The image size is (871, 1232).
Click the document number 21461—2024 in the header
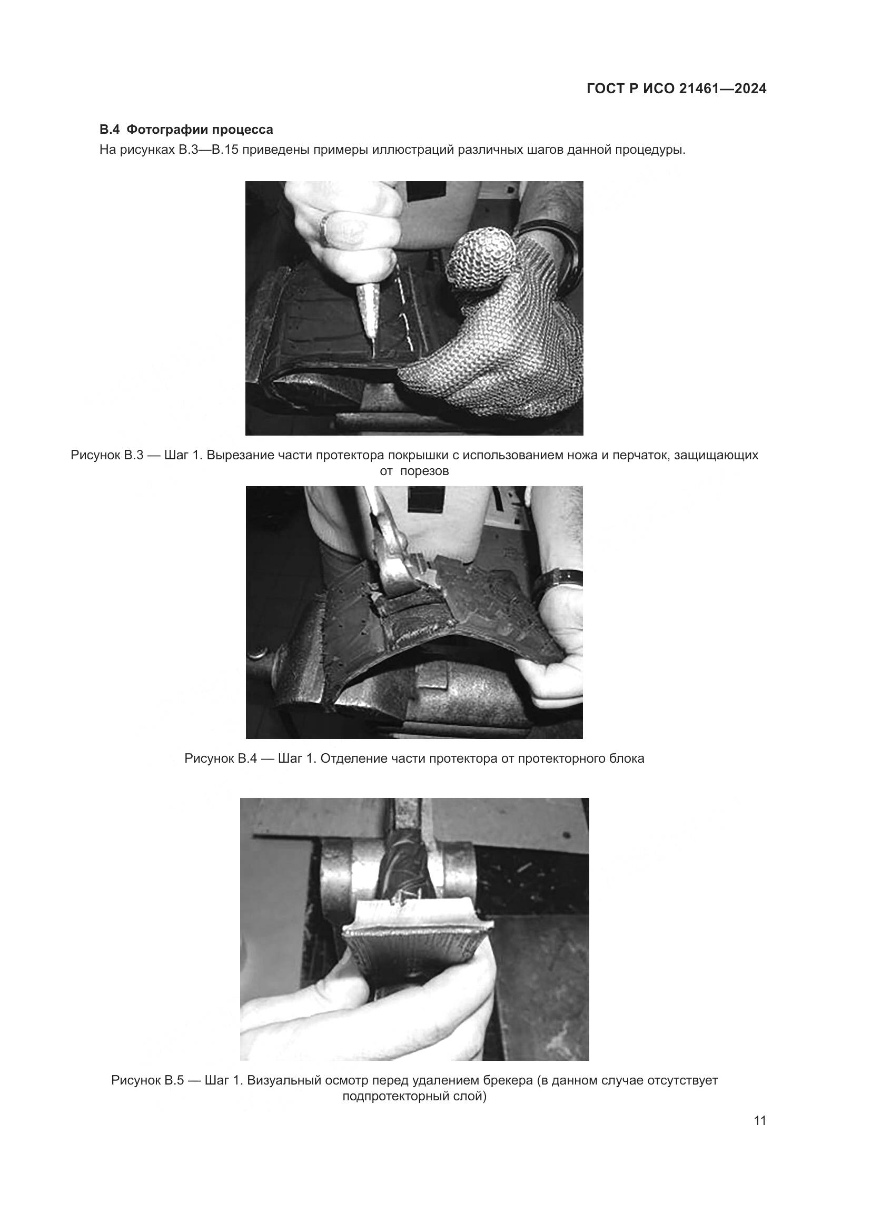722,89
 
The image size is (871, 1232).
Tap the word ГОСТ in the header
606,89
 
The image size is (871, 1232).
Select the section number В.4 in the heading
111,130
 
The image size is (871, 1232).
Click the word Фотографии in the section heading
162,130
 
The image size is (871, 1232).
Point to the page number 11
760,1120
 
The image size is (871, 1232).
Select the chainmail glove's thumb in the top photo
482,258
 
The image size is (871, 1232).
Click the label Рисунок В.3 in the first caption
107,456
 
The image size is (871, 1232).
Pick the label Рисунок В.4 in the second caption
221,758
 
